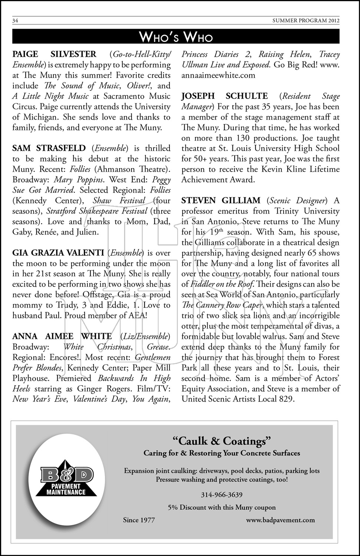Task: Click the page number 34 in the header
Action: [15, 21]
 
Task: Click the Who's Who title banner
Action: [176, 37]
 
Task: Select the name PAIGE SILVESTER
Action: [54, 54]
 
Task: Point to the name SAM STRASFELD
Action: [49, 148]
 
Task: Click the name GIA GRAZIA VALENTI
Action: [58, 253]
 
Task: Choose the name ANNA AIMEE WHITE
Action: [62, 336]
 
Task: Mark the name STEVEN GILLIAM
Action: [221, 201]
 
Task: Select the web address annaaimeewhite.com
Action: [218, 75]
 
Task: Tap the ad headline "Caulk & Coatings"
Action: [222, 441]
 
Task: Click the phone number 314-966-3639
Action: [222, 494]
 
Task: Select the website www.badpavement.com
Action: [280, 520]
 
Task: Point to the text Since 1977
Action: [139, 520]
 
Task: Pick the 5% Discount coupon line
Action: [222, 507]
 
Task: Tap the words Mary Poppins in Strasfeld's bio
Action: [78, 180]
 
